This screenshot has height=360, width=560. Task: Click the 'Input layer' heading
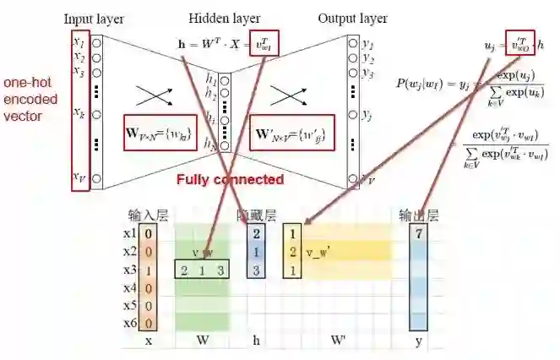[x=93, y=18]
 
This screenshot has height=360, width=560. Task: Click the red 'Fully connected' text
[x=230, y=179]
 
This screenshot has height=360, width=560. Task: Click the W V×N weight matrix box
[x=160, y=132]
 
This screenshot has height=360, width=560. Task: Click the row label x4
[x=129, y=287]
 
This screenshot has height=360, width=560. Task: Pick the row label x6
[x=129, y=323]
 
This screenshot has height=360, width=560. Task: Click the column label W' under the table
[x=337, y=342]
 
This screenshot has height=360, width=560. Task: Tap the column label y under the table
[x=418, y=342]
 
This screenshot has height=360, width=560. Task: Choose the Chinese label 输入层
[x=147, y=216]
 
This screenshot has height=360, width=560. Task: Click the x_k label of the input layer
[x=79, y=112]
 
